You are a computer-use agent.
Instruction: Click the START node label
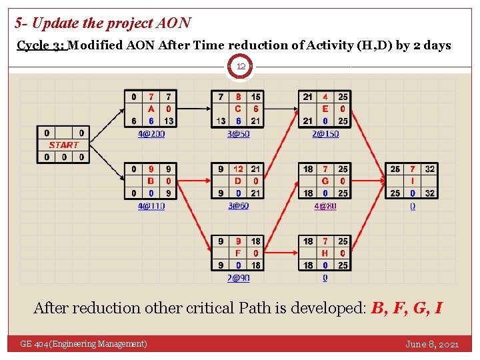(63, 145)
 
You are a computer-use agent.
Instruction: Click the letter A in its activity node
(151, 109)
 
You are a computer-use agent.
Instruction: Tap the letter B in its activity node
(151, 181)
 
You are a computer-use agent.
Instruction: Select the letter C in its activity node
(238, 109)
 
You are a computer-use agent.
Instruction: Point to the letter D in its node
(238, 181)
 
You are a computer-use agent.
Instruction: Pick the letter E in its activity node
(325, 109)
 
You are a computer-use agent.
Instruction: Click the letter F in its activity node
(238, 253)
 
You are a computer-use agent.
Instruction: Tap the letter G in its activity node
(325, 181)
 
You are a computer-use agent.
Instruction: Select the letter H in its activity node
(325, 253)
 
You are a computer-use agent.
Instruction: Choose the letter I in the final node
(413, 181)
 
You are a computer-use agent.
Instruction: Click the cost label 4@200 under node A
(151, 133)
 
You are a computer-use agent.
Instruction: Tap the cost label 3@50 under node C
(238, 133)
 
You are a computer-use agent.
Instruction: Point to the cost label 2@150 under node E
(325, 133)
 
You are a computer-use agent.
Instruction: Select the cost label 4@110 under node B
(151, 206)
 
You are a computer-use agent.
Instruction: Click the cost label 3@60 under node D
(238, 206)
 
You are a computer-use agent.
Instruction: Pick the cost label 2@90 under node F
(238, 278)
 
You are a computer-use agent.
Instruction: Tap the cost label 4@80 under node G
(325, 206)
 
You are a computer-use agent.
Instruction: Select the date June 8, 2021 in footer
(432, 344)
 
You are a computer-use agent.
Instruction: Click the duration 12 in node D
(238, 169)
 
